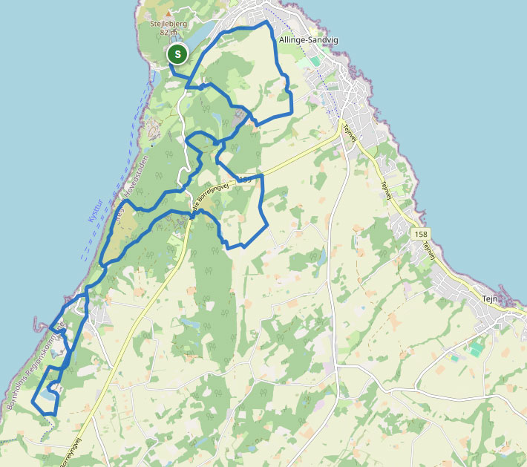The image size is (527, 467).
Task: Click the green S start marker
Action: tap(177, 54)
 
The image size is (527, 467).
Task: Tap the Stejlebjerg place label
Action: tap(168, 23)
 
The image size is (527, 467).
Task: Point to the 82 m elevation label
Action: tap(168, 33)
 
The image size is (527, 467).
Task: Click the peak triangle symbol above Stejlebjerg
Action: tap(168, 13)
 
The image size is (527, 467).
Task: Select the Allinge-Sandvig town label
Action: tap(308, 40)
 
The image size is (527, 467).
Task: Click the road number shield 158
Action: tap(421, 234)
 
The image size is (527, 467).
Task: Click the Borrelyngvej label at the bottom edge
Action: tap(71, 449)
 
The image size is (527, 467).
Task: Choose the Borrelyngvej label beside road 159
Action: tap(212, 197)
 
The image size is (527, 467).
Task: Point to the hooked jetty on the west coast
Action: tap(37, 322)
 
